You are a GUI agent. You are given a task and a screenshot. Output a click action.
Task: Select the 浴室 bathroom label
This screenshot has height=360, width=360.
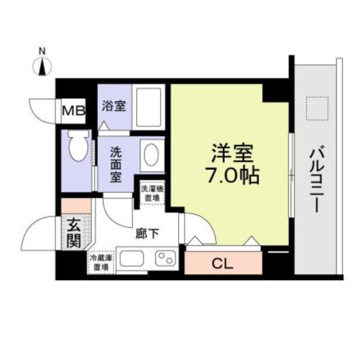[x=113, y=106]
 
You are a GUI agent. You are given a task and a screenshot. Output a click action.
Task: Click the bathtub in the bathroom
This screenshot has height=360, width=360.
[x=149, y=106]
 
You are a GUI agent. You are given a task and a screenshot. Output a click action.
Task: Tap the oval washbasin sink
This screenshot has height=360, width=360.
[x=151, y=154]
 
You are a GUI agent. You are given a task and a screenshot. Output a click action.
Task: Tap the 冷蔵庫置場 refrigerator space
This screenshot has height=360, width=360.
[x=101, y=262]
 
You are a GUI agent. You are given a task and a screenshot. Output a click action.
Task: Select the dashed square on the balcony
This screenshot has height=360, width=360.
[x=316, y=109]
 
